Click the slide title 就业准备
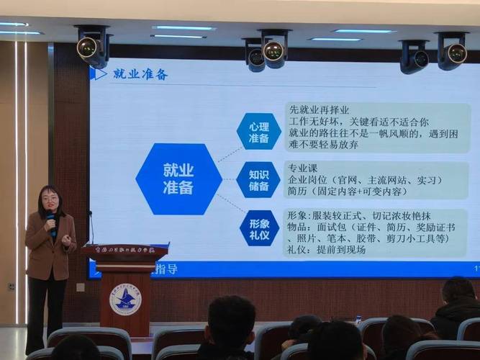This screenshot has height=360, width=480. pyautogui.click(x=140, y=74)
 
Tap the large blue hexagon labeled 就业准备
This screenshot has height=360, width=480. pyautogui.click(x=178, y=179)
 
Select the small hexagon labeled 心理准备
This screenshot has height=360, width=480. pyautogui.click(x=258, y=131)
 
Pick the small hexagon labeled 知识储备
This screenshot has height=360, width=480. pyautogui.click(x=258, y=179)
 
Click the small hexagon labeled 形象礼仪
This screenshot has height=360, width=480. pyautogui.click(x=258, y=228)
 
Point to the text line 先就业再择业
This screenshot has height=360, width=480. pyautogui.click(x=320, y=110)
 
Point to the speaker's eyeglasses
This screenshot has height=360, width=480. pyautogui.click(x=50, y=197)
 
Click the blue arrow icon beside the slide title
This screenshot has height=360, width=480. pyautogui.click(x=98, y=73)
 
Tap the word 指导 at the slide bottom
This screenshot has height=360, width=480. pyautogui.click(x=166, y=268)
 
